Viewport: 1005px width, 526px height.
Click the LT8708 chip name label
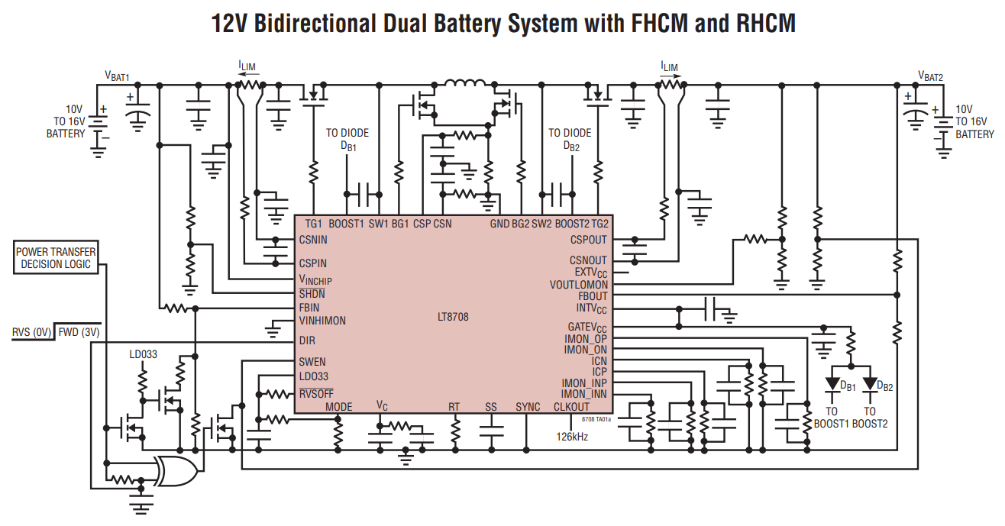[x=454, y=316]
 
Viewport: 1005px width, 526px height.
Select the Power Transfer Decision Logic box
[x=56, y=258]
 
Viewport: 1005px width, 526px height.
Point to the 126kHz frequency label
[x=572, y=437]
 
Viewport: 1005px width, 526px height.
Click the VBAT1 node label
[x=117, y=76]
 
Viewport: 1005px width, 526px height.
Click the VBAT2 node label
[x=930, y=76]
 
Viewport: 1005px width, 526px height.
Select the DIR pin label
[x=308, y=340]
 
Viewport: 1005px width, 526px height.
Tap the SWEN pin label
[x=312, y=361]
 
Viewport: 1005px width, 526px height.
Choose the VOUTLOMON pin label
[x=579, y=285]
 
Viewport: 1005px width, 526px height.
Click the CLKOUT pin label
[x=572, y=407]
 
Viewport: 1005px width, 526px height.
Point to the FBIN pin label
[x=309, y=308]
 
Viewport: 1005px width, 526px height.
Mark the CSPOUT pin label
[x=589, y=239]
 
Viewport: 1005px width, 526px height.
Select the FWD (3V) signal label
[x=79, y=333]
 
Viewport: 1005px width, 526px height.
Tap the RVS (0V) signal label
[x=31, y=333]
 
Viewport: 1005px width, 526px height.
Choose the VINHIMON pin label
[x=322, y=321]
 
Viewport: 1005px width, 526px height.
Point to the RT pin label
[x=454, y=407]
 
